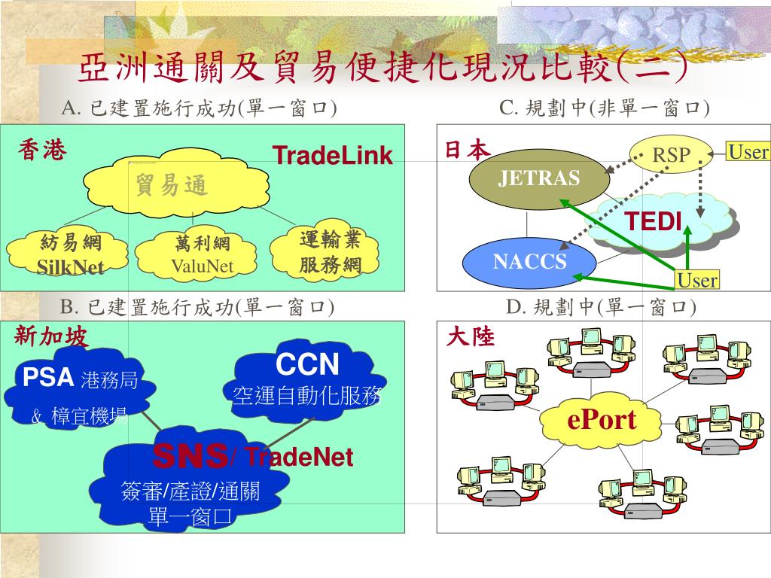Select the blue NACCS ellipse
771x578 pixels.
529,261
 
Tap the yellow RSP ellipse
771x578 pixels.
671,155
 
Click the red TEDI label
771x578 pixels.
654,221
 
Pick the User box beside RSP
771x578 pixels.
748,152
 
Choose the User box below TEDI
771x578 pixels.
697,281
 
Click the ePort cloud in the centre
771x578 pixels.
602,420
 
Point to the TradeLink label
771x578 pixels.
332,156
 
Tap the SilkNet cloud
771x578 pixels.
71,254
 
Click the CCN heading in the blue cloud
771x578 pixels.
307,365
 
